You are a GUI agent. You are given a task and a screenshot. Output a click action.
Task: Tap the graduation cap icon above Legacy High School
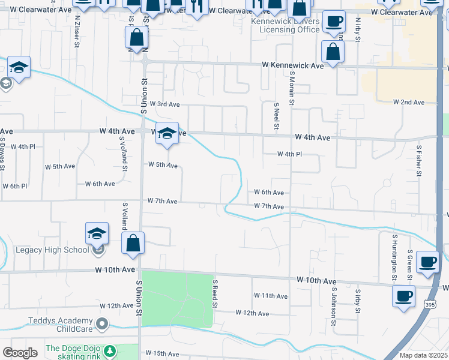point(97,233)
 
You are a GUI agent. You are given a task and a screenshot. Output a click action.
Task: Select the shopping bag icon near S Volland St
point(133,244)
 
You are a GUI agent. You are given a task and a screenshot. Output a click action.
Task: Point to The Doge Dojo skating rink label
point(73,352)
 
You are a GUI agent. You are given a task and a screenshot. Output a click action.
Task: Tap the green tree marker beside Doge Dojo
point(109,350)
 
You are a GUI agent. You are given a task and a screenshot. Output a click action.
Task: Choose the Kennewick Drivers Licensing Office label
point(285,25)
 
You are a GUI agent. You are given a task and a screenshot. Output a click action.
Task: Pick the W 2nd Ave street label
point(409,103)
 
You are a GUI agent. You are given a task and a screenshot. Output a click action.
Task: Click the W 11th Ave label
point(270,296)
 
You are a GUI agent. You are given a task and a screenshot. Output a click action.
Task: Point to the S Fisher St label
point(418,160)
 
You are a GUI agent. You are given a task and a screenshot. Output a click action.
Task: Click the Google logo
point(20,353)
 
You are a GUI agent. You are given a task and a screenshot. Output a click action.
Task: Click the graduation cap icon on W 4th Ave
point(167,133)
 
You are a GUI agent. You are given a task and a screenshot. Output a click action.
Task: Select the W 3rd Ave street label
point(164,104)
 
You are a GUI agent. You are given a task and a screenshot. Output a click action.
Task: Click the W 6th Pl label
point(15,187)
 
